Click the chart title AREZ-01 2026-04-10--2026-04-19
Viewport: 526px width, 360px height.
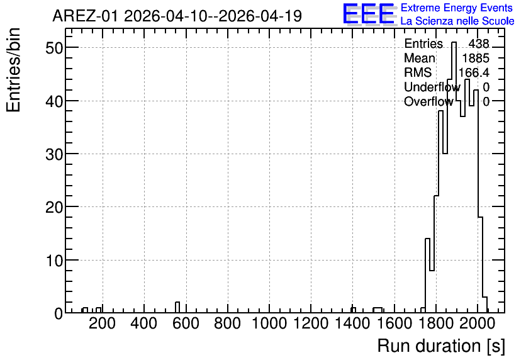click(x=177, y=16)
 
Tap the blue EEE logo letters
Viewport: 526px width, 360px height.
click(x=369, y=14)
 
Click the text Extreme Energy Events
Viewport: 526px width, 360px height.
click(x=457, y=8)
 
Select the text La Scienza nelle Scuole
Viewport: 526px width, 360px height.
click(x=457, y=21)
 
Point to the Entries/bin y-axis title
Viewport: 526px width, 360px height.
click(x=13, y=70)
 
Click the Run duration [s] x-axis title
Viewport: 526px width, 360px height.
click(x=441, y=346)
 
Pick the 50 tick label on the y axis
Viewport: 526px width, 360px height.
click(x=54, y=48)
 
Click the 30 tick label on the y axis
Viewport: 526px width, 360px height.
click(x=54, y=154)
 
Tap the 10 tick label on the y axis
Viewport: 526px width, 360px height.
click(x=54, y=261)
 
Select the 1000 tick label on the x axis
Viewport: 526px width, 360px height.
click(x=269, y=323)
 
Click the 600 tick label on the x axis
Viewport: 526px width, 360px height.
click(x=186, y=323)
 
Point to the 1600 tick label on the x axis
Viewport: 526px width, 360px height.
click(x=394, y=323)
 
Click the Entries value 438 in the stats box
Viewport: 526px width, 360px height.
click(x=479, y=43)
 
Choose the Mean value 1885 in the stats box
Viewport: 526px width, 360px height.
click(x=476, y=58)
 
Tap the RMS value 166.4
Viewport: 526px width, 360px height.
click(x=474, y=72)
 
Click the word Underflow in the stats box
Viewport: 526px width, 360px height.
click(x=432, y=87)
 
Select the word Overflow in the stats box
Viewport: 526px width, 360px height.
click(x=428, y=101)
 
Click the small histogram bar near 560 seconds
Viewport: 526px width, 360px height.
click(x=177, y=307)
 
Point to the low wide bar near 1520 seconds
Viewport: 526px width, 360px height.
click(x=378, y=310)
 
